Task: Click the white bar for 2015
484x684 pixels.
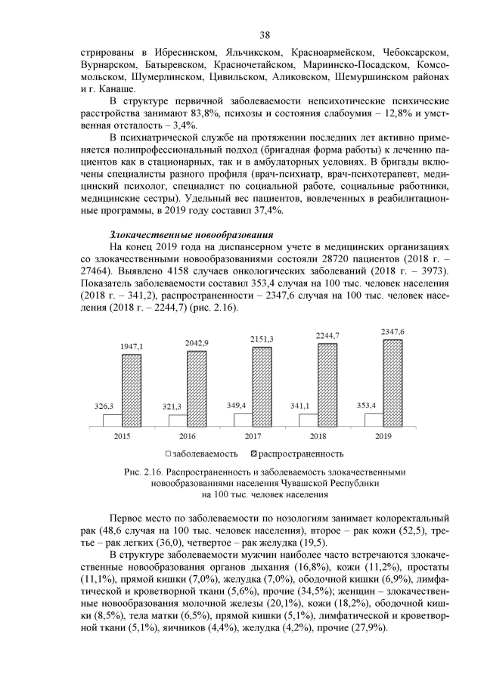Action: (x=111, y=420)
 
